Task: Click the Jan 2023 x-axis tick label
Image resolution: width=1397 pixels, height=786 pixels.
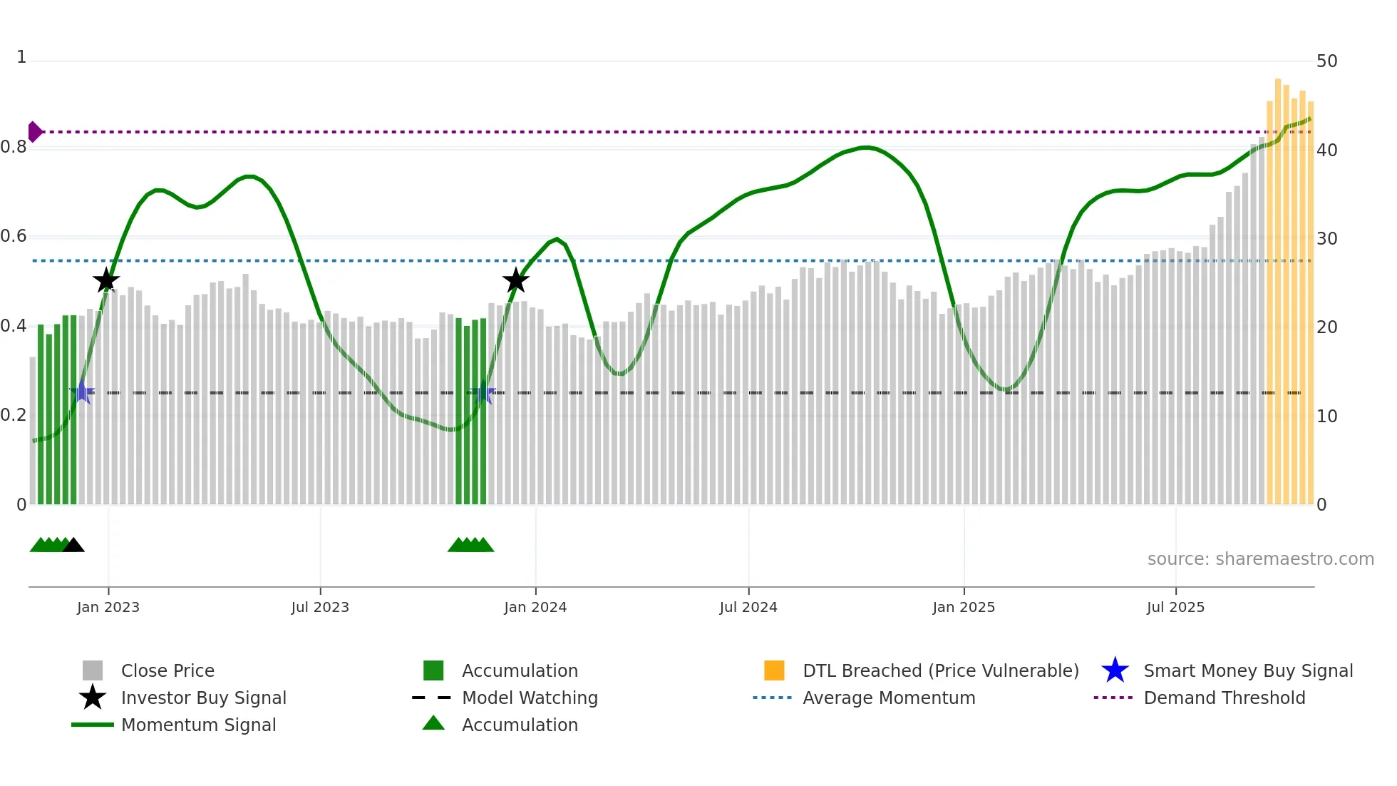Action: coord(108,607)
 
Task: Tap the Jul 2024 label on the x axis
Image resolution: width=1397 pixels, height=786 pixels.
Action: coord(748,607)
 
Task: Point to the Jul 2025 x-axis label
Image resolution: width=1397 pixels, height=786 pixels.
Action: coord(1175,607)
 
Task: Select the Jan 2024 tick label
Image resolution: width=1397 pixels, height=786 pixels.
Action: coord(535,607)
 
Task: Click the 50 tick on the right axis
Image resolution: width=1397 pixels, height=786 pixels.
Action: coord(1326,61)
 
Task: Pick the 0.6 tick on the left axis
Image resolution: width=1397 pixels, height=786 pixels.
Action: coord(14,236)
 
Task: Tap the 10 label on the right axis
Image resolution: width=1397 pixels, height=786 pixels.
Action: coord(1326,417)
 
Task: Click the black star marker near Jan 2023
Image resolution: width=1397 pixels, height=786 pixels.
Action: coord(106,280)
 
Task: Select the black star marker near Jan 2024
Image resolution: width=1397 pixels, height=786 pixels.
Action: coord(515,280)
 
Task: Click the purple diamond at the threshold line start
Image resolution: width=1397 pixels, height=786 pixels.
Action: coord(34,132)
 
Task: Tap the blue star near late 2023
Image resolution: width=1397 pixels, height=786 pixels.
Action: coord(483,392)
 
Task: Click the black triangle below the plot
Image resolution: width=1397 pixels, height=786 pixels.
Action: coord(73,545)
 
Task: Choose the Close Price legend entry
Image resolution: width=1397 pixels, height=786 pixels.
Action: coord(167,670)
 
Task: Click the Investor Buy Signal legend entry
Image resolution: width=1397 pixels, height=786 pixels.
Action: coord(203,698)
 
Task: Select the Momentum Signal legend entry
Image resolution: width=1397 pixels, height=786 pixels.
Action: coord(198,725)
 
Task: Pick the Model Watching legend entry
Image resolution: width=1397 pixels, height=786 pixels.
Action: coord(530,698)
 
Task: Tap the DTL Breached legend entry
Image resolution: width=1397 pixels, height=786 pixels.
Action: coord(940,670)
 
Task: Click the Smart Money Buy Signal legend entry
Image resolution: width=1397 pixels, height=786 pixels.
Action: coord(1247,670)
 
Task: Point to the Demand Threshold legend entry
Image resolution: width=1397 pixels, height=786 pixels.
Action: coord(1224,698)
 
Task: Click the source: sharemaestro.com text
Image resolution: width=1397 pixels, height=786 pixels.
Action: coord(1260,559)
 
